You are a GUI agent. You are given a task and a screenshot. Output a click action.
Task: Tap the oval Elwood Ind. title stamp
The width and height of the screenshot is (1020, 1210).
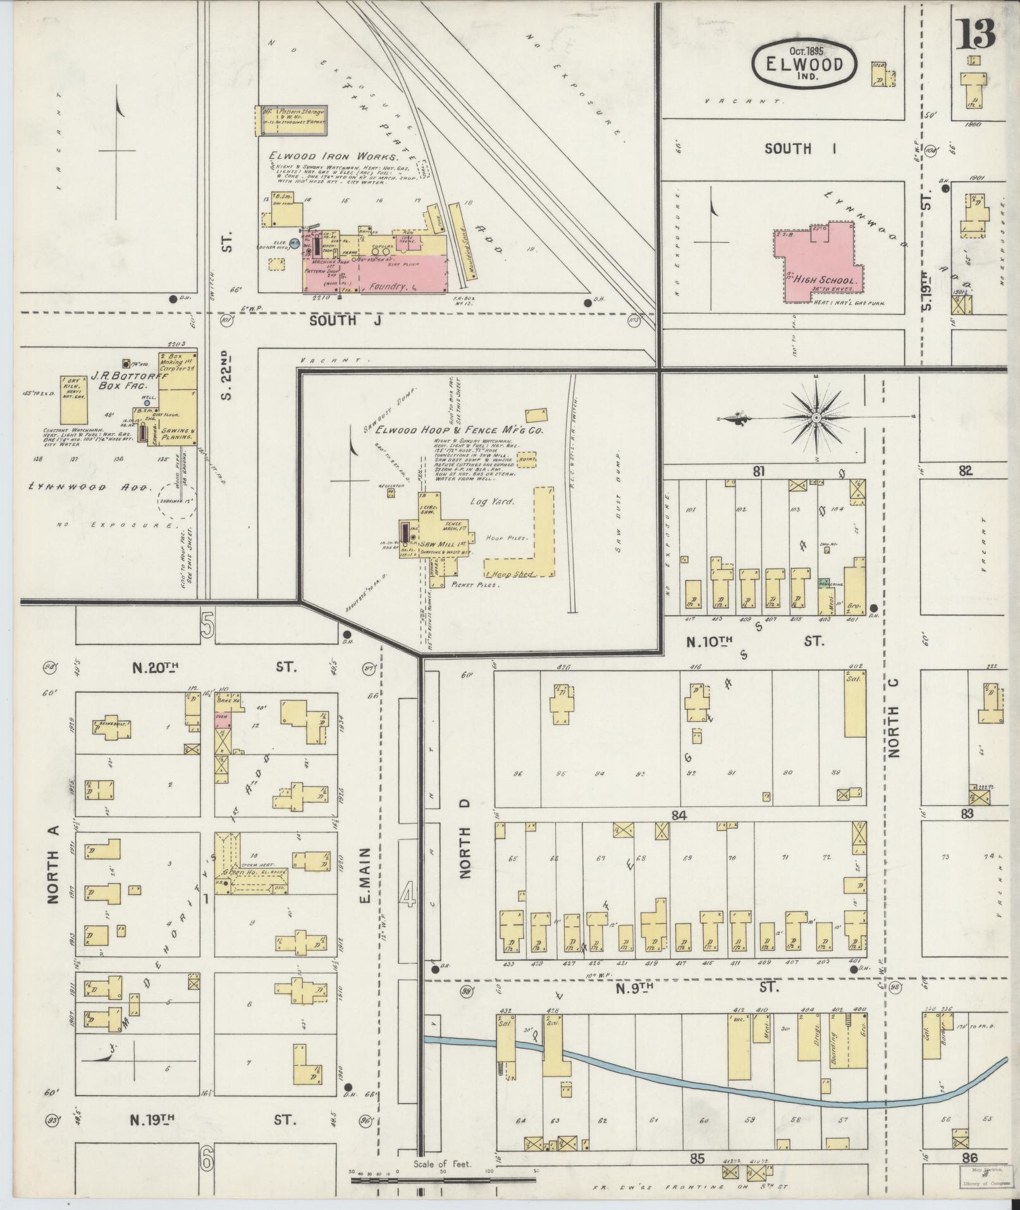click(x=804, y=65)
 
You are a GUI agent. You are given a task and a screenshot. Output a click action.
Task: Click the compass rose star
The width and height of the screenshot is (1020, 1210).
click(x=816, y=418)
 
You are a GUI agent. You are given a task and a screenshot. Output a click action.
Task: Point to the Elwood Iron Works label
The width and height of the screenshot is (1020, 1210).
click(x=333, y=156)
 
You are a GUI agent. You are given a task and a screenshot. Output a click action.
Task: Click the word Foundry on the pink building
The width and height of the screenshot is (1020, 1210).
click(x=388, y=287)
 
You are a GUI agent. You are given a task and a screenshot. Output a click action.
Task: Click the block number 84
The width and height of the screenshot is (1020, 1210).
click(x=679, y=816)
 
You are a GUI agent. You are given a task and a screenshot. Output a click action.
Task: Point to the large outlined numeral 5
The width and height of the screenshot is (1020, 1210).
click(x=207, y=626)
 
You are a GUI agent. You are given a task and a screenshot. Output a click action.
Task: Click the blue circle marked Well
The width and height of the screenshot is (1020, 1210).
click(x=147, y=402)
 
